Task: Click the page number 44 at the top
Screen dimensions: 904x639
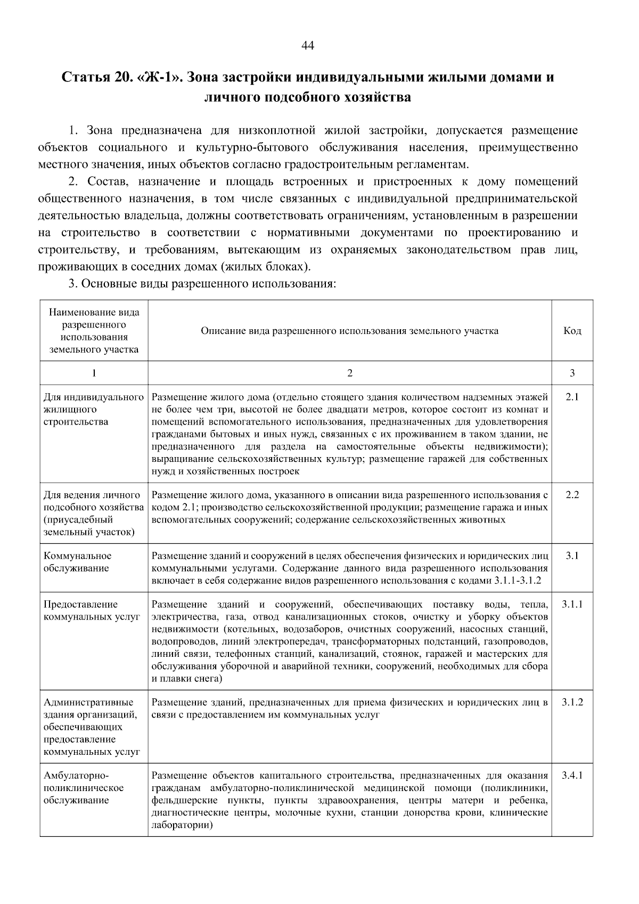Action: pos(308,46)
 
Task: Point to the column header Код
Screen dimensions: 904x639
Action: pos(572,331)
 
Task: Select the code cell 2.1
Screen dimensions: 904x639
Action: pos(572,397)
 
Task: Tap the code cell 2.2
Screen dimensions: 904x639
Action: pos(572,495)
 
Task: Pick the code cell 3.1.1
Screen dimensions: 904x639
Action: pos(572,605)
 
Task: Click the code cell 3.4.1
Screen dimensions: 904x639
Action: pos(572,776)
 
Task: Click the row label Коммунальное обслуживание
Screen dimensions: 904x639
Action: pos(77,562)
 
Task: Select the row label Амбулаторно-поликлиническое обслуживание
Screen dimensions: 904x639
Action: pos(83,788)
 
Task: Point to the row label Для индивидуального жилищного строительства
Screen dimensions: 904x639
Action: pos(93,410)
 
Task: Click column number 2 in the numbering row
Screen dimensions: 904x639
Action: pos(350,373)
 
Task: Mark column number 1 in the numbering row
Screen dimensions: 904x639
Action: pos(94,373)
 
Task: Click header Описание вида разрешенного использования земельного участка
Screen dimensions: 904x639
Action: pos(349,331)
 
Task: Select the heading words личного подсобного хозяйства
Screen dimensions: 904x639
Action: pos(308,97)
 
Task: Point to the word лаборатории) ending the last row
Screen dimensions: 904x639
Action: pos(182,825)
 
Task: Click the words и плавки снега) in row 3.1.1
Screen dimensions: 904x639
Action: pos(186,679)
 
